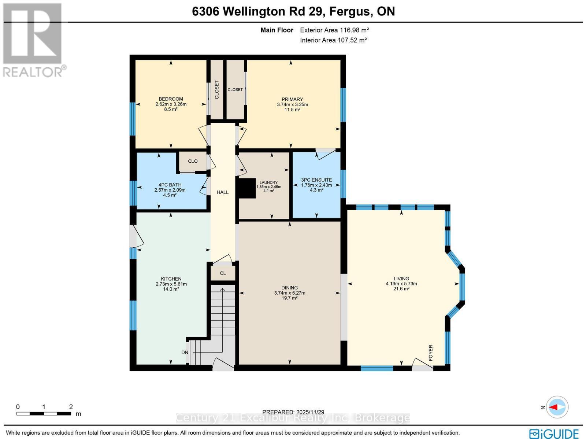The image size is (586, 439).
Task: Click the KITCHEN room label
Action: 171,279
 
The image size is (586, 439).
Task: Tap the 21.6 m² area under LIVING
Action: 401,289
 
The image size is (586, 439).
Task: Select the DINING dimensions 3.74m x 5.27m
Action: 289,293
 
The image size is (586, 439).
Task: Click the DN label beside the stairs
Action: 185,353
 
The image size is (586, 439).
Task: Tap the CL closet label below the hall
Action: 223,273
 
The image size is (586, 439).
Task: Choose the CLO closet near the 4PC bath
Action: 193,161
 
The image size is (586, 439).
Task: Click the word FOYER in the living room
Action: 431,353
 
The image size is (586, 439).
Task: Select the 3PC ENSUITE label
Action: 316,180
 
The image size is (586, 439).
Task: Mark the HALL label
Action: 222,192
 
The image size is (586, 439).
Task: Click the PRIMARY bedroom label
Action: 292,99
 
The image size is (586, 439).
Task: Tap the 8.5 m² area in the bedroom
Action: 171,109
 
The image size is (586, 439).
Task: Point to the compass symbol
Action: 557,407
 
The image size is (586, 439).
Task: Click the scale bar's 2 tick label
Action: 71,407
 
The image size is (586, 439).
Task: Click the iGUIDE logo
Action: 554,434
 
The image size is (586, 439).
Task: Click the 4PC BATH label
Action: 170,185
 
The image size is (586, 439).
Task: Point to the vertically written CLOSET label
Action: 217,90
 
